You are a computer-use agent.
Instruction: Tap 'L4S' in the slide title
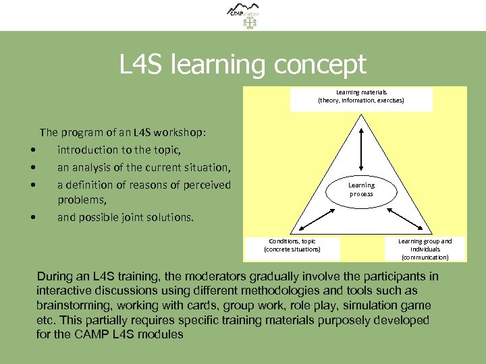[x=142, y=65]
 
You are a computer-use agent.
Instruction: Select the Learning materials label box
[x=361, y=97]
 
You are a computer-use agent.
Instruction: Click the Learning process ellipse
[x=361, y=189]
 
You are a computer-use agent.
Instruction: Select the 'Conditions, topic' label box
[x=292, y=245]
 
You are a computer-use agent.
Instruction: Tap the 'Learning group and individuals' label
[x=425, y=249]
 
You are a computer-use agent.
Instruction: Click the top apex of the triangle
[x=362, y=115]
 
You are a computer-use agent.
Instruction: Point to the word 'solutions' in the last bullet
[x=169, y=217]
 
